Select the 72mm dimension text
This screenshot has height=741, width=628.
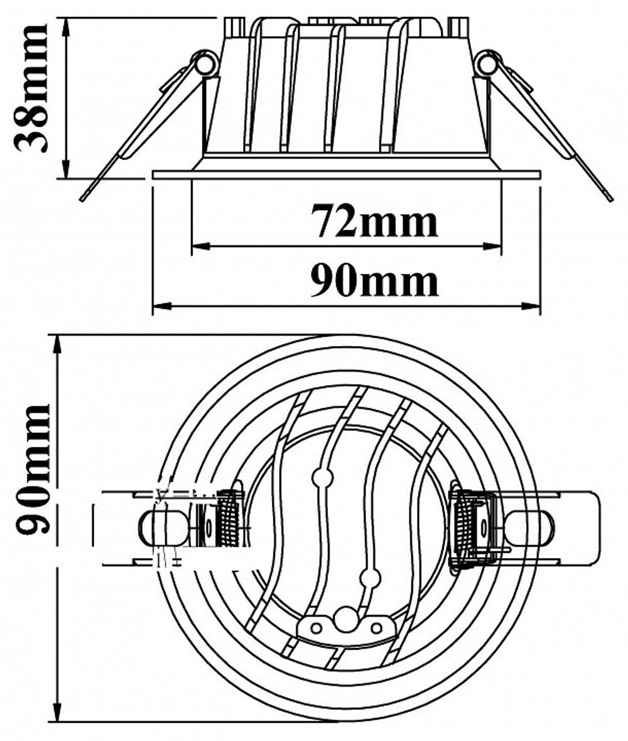[374, 222]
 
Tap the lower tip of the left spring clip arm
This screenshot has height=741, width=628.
[82, 198]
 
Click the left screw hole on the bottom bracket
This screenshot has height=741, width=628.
[317, 627]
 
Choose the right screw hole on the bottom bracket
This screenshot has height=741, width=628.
[376, 627]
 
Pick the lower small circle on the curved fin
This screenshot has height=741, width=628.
[371, 578]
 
